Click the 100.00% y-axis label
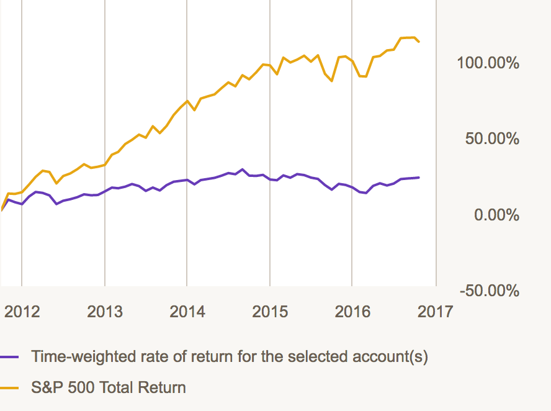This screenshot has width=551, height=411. (x=488, y=63)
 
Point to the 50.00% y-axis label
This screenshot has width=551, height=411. (x=492, y=138)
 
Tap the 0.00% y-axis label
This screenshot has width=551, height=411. (x=496, y=215)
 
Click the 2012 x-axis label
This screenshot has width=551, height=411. (x=22, y=311)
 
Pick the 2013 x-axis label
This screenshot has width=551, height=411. (x=105, y=311)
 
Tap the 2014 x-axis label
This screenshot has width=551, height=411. (x=187, y=311)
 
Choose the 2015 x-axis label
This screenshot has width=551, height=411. (x=270, y=311)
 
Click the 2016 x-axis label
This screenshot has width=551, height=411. (x=352, y=311)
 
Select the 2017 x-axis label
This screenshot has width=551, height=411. (x=435, y=311)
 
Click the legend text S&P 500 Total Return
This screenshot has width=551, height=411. (x=109, y=388)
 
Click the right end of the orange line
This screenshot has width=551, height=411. (x=419, y=42)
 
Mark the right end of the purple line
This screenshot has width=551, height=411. (x=419, y=178)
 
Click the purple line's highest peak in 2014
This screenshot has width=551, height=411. (x=242, y=169)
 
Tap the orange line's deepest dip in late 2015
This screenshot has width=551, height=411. (x=332, y=81)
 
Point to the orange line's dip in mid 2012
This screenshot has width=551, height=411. (x=56, y=183)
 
